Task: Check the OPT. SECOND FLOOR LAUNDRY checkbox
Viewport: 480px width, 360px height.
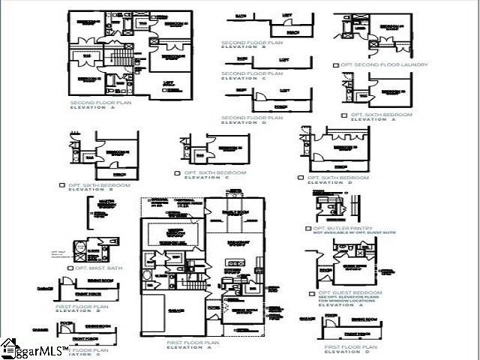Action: (x=337, y=65)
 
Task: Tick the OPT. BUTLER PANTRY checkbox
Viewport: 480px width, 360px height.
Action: (x=308, y=228)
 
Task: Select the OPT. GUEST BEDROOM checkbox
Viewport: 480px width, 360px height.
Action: (x=313, y=292)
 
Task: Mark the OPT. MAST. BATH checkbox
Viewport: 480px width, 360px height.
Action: (x=70, y=268)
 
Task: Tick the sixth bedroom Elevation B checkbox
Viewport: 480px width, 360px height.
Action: (x=62, y=184)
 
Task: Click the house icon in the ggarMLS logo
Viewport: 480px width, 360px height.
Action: (x=9, y=347)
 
